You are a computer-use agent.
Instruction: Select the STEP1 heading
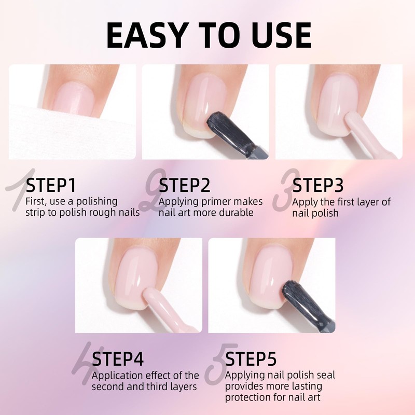tap(51, 185)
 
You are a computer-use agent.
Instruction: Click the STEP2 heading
tap(184, 185)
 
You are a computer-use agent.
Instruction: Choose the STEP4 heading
tap(118, 359)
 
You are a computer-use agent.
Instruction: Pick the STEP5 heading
tap(251, 359)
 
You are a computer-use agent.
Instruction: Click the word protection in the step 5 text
tap(247, 397)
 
